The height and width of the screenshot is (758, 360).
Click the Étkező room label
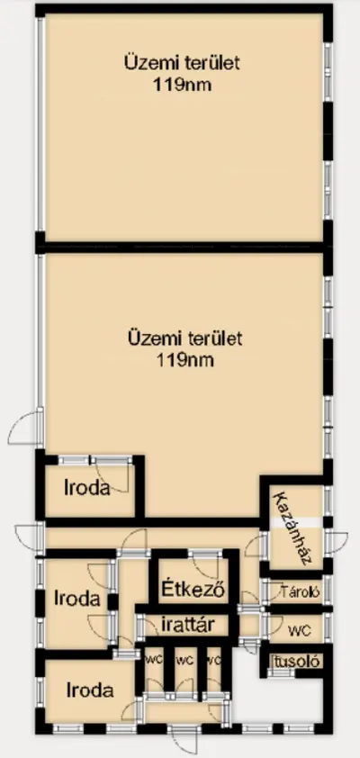pos(193,591)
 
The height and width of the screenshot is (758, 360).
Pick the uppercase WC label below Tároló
pos(296,627)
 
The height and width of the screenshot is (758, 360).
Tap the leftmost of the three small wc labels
pos(155,660)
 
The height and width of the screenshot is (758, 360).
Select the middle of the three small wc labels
pos(185,660)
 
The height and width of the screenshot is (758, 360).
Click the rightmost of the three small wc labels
pos(214,660)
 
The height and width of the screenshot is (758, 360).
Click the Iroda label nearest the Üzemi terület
pos(86,489)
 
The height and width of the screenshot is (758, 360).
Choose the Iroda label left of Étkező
pos(76,597)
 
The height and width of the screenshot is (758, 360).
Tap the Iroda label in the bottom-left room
pos(90,690)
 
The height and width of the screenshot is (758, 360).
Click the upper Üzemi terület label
pos(184,64)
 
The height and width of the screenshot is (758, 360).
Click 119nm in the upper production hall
pos(184,86)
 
